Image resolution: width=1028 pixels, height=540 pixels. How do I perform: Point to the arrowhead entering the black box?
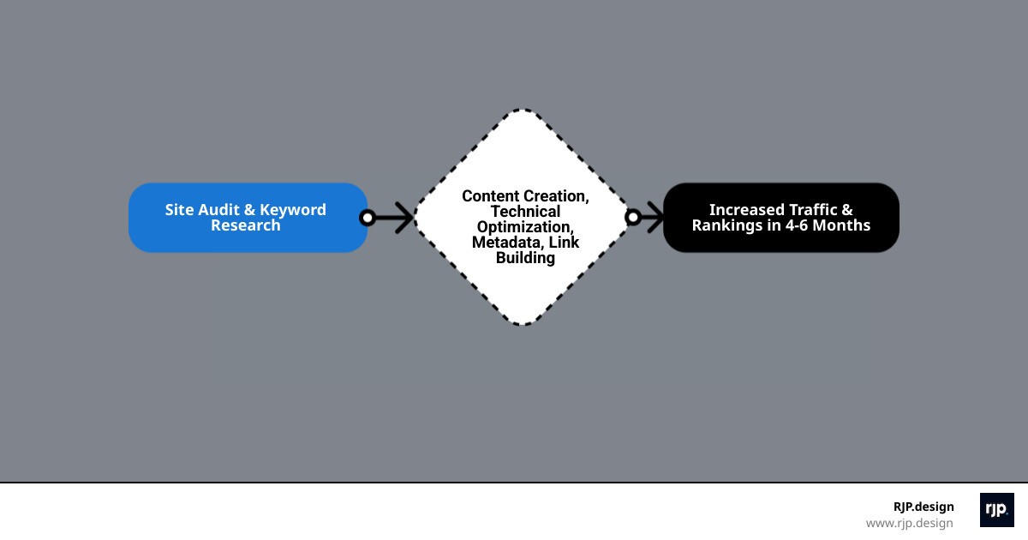coord(655,218)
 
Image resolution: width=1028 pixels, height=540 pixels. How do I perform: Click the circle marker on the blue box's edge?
coord(368,218)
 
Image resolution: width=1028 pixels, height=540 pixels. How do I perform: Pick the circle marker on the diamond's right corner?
coord(633,218)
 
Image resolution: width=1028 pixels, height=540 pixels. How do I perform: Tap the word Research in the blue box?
coord(246,225)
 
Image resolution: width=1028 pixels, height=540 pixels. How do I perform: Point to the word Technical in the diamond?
coord(525,212)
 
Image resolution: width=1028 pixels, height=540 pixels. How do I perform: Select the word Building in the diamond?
coord(525,257)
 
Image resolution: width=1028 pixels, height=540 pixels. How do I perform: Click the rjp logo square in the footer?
coord(996,510)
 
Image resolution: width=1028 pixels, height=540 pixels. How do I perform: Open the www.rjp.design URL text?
coord(909,523)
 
